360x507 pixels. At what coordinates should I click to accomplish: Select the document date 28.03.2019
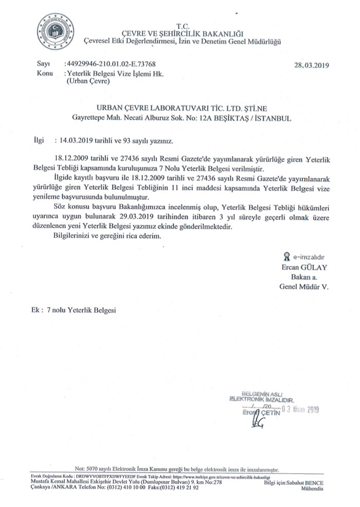[x=311, y=66]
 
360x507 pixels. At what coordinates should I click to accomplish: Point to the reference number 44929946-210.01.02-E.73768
[x=111, y=65]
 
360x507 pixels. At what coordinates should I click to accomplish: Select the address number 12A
[x=223, y=118]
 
